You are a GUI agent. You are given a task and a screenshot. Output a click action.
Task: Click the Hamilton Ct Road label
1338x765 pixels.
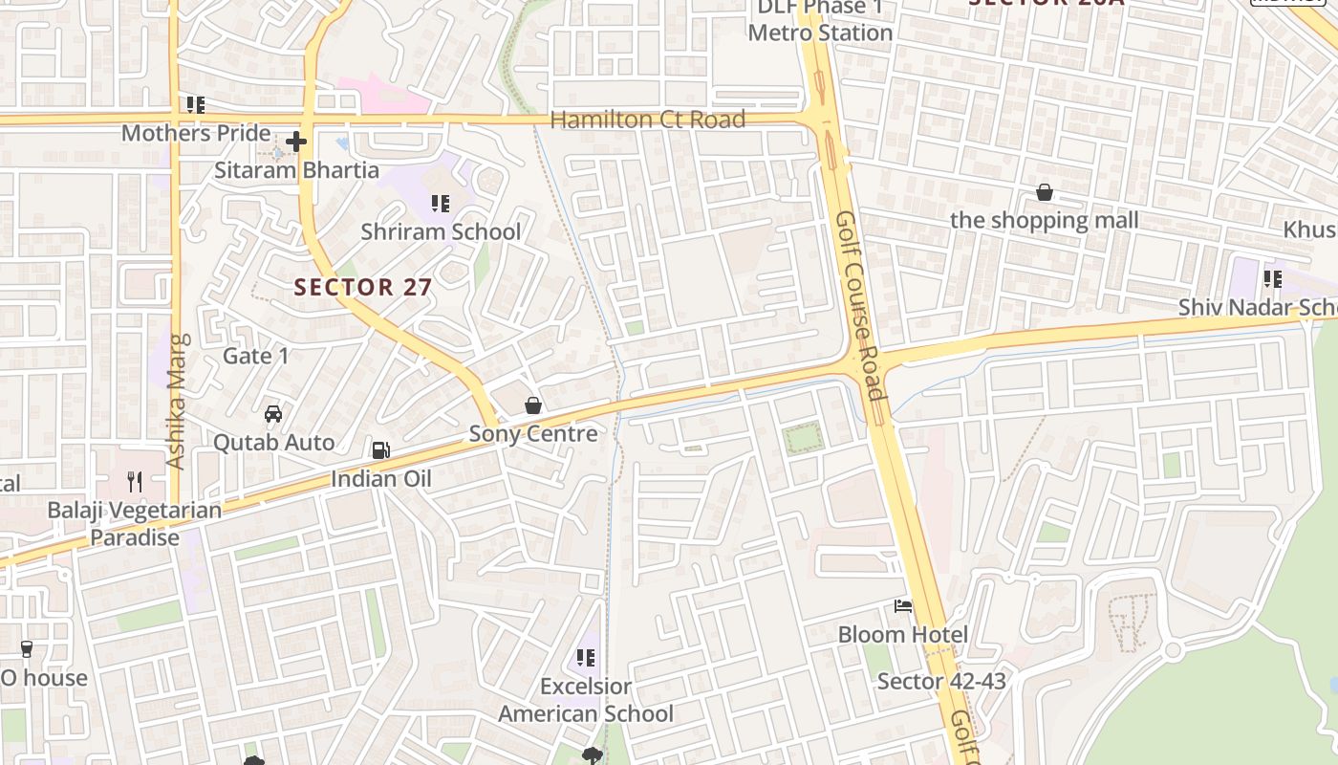tap(647, 120)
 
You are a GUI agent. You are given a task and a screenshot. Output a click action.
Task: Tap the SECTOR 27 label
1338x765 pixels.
tap(362, 287)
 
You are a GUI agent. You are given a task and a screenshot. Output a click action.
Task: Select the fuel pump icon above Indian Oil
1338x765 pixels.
tap(380, 449)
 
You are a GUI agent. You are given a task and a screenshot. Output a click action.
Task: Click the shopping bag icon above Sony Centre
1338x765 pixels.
tap(533, 405)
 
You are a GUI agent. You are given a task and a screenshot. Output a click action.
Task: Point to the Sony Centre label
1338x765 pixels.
tap(533, 433)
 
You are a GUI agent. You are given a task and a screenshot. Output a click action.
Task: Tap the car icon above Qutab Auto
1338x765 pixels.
tap(273, 414)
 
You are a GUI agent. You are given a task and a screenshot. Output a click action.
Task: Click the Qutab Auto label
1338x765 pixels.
tap(273, 443)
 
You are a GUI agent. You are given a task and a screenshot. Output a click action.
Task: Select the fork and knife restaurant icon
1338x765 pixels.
tap(135, 481)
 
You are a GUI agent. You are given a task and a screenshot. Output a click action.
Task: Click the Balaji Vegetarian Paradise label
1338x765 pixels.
tap(135, 524)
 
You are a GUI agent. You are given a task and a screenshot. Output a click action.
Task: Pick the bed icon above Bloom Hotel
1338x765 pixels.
tap(903, 606)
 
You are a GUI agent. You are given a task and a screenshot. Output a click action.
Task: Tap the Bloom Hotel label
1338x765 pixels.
tap(903, 635)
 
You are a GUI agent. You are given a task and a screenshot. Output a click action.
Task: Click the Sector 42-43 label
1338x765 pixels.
tap(941, 682)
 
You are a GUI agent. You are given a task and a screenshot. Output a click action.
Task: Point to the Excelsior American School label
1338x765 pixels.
tap(586, 700)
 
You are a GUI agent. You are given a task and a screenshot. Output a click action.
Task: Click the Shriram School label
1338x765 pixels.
tap(441, 231)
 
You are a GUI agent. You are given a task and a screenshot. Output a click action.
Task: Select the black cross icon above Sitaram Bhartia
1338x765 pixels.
tap(296, 142)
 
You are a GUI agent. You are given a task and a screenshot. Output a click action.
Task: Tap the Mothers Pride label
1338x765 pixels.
tap(196, 133)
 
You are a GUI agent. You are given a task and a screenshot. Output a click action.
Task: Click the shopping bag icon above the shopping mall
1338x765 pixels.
tap(1045, 192)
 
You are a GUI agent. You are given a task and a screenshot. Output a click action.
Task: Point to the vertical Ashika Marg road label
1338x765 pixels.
tap(176, 401)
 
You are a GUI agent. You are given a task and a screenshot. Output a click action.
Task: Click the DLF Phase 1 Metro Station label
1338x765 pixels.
tap(820, 21)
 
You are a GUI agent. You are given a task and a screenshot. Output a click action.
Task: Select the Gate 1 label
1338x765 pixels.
tap(255, 356)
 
